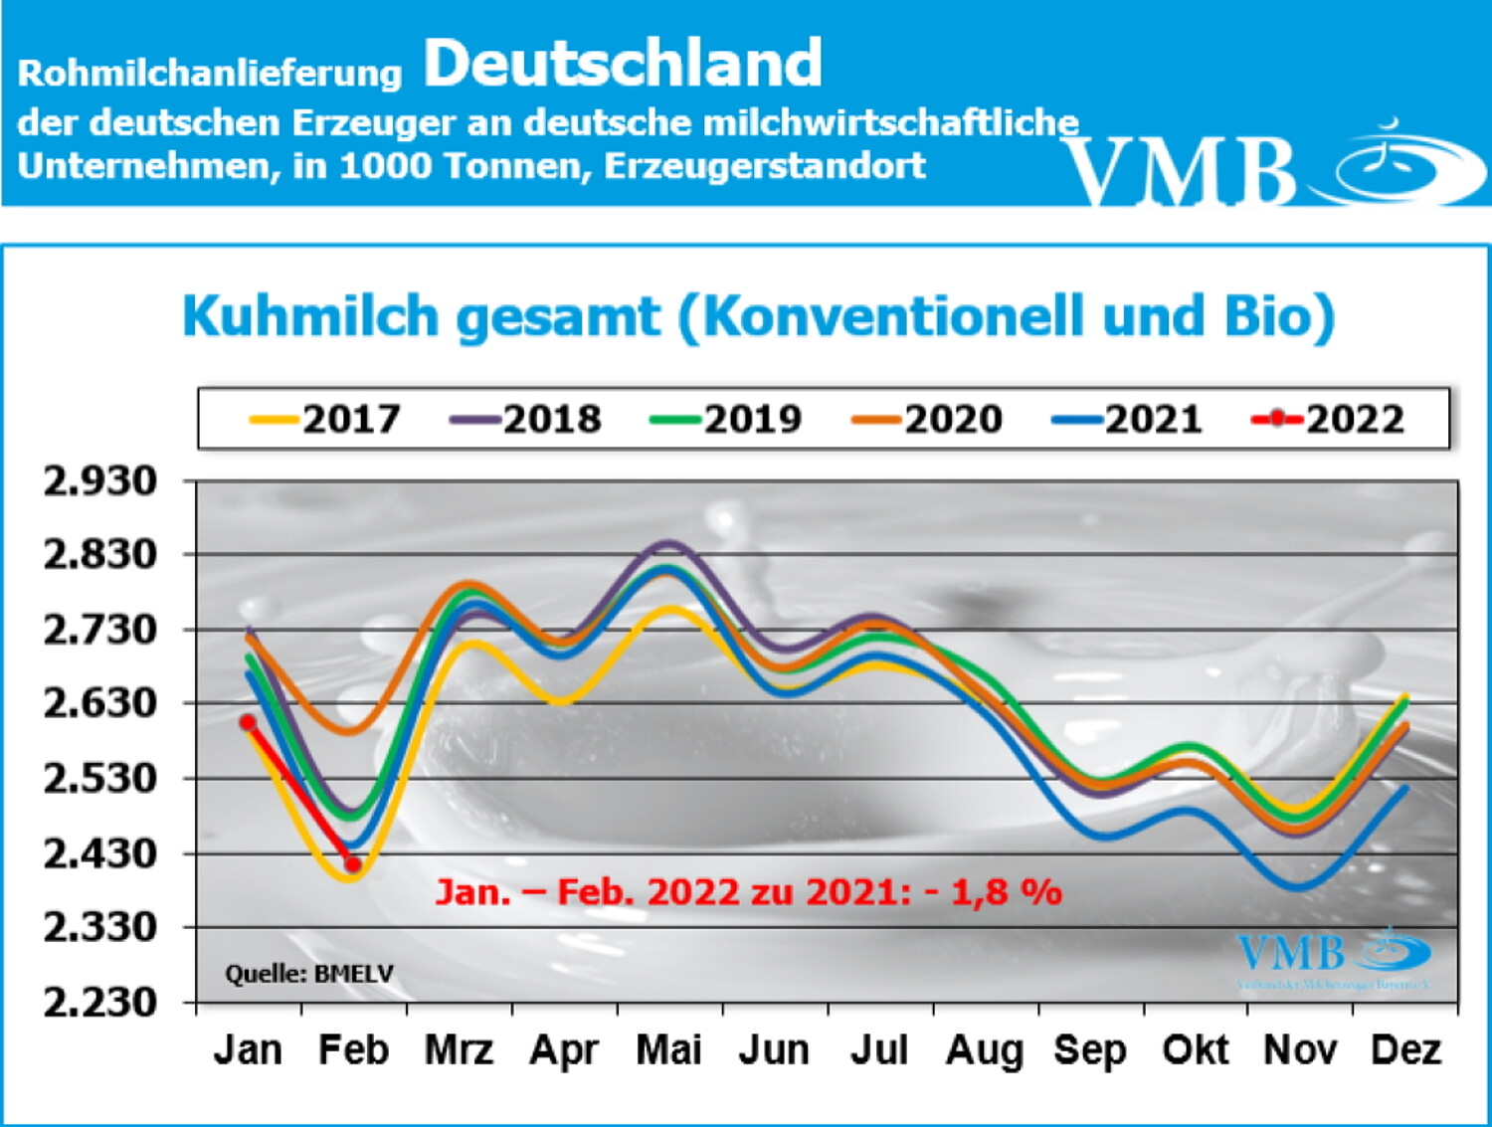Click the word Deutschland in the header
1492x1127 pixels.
click(623, 64)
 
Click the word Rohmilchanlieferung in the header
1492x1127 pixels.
click(210, 73)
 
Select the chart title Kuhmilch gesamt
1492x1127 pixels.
click(422, 316)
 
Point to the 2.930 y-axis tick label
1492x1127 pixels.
click(100, 481)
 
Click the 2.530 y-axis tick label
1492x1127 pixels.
click(100, 778)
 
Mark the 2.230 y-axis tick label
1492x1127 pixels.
click(100, 1002)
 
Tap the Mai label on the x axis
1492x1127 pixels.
click(669, 1049)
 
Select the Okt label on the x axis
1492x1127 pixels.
click(1196, 1049)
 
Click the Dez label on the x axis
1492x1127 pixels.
click(1405, 1049)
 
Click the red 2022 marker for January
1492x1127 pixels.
click(249, 723)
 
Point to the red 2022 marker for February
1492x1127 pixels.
click(353, 864)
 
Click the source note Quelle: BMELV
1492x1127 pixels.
click(309, 973)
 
